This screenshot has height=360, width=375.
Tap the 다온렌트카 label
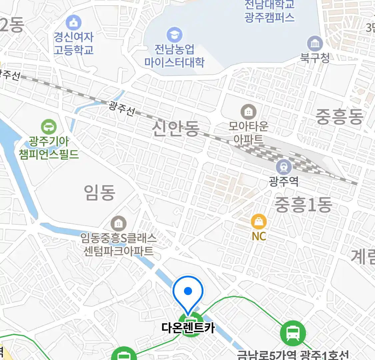click(x=188, y=327)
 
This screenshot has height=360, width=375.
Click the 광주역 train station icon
click(x=284, y=167)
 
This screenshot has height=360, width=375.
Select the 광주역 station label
click(x=284, y=181)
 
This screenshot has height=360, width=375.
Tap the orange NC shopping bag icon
click(x=259, y=222)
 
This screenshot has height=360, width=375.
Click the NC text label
click(x=259, y=236)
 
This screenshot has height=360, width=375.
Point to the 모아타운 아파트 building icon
click(x=248, y=112)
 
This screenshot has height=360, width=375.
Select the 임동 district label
click(x=100, y=192)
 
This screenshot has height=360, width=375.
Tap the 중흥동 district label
click(x=339, y=117)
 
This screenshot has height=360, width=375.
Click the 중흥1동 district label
click(x=303, y=204)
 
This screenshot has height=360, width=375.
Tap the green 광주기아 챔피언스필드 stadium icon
click(x=49, y=127)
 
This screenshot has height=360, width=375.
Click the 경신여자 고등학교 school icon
click(x=73, y=23)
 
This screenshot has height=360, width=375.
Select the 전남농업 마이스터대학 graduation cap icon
click(x=174, y=35)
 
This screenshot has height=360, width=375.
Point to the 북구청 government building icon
click(x=315, y=44)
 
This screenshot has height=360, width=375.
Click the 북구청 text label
click(x=315, y=58)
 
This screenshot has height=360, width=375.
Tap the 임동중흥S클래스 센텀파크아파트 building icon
click(x=118, y=223)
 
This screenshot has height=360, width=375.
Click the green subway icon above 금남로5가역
click(x=293, y=332)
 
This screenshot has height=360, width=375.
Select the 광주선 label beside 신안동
click(x=122, y=109)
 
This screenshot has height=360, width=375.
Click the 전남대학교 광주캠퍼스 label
click(x=269, y=11)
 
